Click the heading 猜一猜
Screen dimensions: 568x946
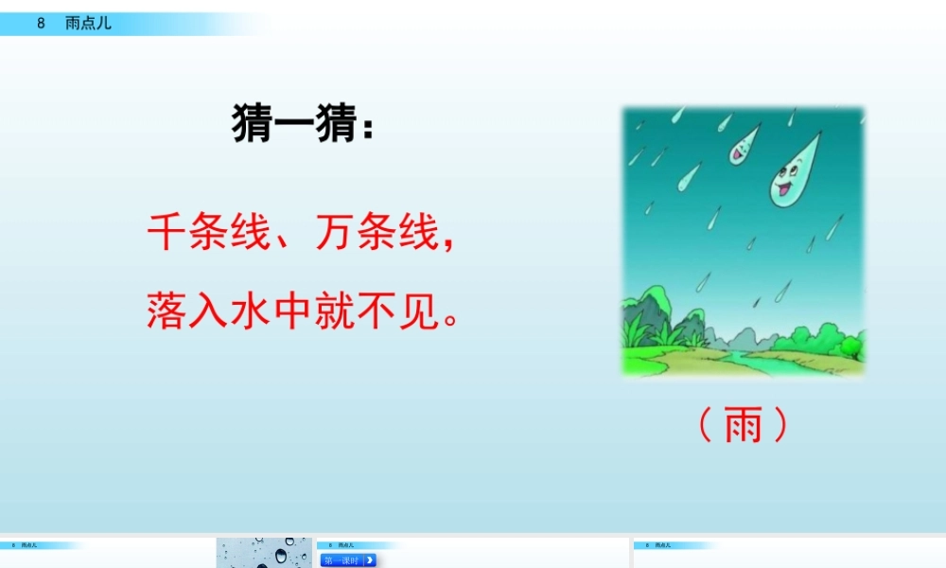292,125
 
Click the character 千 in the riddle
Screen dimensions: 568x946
167,232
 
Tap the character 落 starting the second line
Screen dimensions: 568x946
167,311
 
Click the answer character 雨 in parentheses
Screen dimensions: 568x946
743,427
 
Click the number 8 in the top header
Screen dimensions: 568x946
42,24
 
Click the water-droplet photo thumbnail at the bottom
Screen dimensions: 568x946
264,554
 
